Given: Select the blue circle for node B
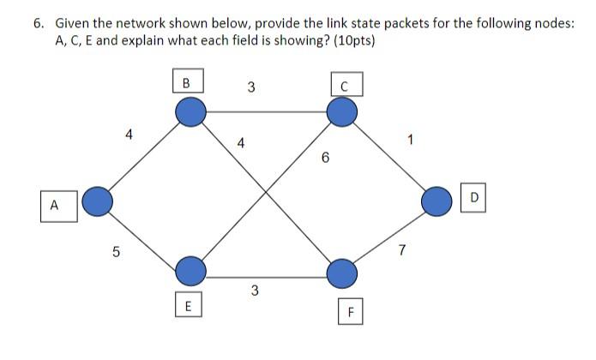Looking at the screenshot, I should tap(190, 111).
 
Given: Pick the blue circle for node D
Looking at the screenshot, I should tap(437, 201).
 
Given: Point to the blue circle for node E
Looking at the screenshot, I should tap(190, 272).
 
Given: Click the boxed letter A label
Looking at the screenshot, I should tap(54, 205).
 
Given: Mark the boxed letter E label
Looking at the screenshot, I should tap(188, 305).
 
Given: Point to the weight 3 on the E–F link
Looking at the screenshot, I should tap(255, 291).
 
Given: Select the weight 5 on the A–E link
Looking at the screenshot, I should tap(117, 252).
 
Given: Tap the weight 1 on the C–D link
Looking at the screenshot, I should tap(411, 141).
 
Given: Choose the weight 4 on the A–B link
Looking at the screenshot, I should tap(129, 134).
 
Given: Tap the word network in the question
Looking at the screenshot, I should tap(124, 23).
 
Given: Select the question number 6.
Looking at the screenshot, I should tap(39, 23).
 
